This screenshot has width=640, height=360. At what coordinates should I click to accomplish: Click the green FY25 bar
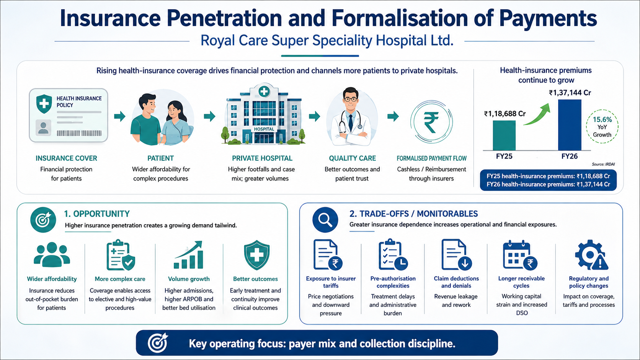pyautogui.click(x=504, y=135)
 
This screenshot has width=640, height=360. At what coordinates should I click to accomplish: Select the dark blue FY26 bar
pyautogui.click(x=570, y=125)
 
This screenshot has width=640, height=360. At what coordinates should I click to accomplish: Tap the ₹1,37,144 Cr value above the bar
pyautogui.click(x=570, y=93)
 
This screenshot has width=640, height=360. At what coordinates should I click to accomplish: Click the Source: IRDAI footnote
pyautogui.click(x=603, y=164)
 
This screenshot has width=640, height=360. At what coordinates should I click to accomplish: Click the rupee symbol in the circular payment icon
pyautogui.click(x=431, y=122)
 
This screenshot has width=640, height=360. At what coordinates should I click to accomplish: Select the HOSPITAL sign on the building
pyautogui.click(x=264, y=129)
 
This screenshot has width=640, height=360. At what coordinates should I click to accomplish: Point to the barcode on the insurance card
pyautogui.click(x=79, y=133)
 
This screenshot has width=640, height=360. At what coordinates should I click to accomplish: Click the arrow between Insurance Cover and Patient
pyautogui.click(x=120, y=116)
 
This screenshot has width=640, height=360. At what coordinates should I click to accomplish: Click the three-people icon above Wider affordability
pyautogui.click(x=52, y=254)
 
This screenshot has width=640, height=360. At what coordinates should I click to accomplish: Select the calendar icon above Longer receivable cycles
pyautogui.click(x=520, y=255)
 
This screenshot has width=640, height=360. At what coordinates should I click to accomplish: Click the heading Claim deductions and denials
pyautogui.click(x=456, y=282)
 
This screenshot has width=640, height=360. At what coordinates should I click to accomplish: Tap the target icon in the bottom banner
pyautogui.click(x=157, y=342)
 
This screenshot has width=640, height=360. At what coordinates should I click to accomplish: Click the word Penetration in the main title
pyautogui.click(x=224, y=18)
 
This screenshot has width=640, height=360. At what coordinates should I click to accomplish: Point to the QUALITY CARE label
pyautogui.click(x=352, y=158)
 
